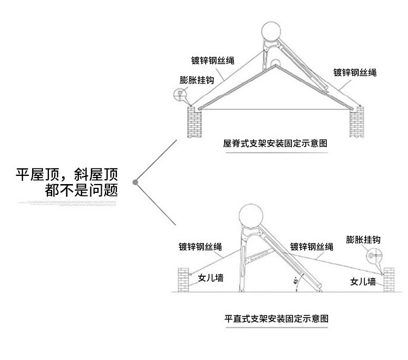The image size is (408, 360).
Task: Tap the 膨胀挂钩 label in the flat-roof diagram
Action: tap(366, 239)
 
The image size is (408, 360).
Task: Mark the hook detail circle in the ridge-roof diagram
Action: tap(180, 95)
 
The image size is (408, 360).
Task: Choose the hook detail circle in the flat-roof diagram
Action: tap(373, 254)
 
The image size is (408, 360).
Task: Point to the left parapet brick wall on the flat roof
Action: tap(184, 281)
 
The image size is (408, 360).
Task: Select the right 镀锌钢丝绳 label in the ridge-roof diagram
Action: tap(355, 72)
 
